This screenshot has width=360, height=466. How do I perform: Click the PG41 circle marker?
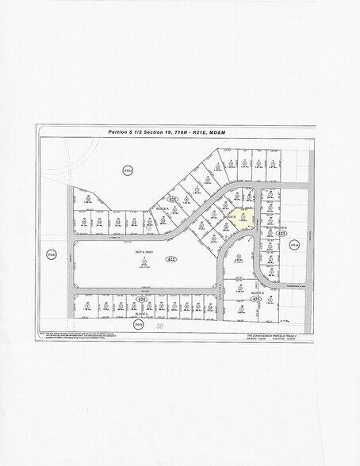126,170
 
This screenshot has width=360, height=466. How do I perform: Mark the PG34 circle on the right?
294,246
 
